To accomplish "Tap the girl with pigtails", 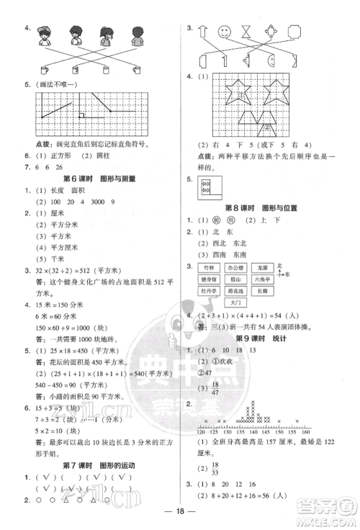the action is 105,35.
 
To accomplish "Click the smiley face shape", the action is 225,34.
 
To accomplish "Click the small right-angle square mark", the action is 82,115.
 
